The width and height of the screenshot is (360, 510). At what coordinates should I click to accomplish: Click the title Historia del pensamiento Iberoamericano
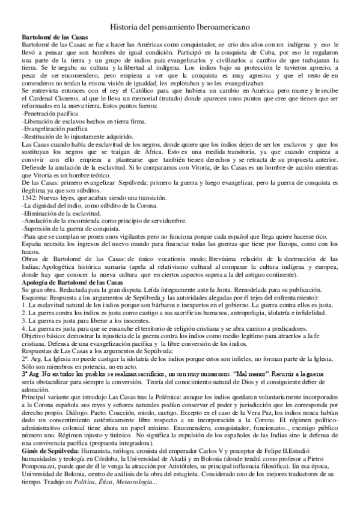(x=180, y=27)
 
